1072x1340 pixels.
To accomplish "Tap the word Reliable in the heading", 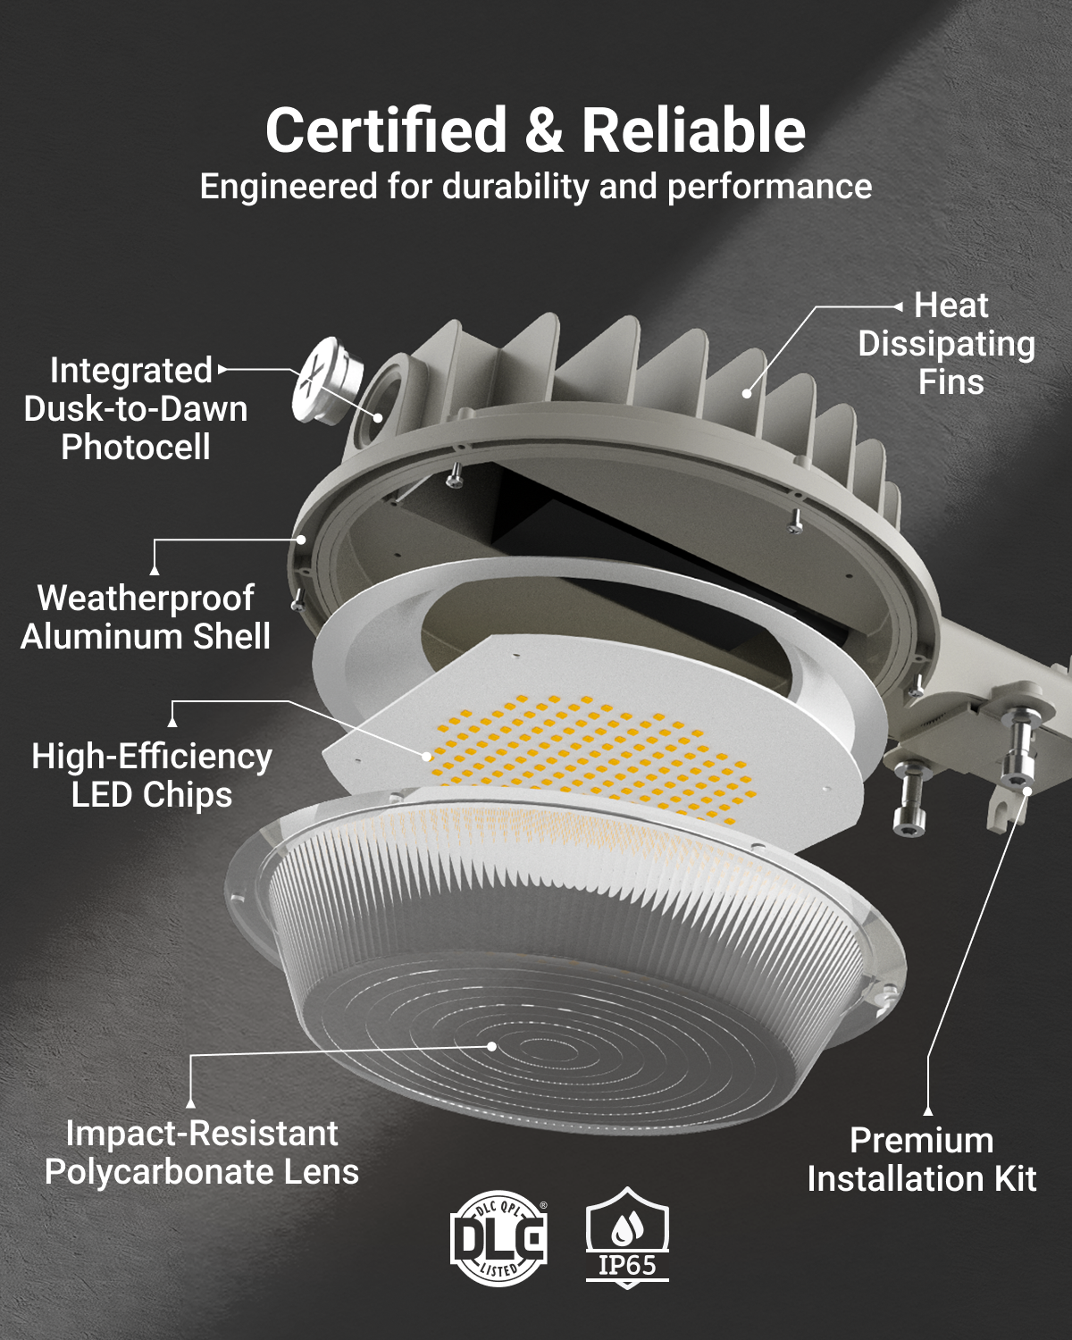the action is (693, 130).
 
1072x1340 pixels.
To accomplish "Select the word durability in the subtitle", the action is (515, 187).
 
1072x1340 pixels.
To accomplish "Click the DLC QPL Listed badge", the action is (498, 1238).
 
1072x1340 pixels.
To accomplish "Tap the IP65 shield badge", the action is (627, 1236).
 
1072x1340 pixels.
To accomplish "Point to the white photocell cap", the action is (327, 380).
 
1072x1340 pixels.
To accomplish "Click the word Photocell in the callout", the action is (136, 447).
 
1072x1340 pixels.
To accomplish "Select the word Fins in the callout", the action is (951, 381).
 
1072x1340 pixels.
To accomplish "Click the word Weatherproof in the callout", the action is (146, 599).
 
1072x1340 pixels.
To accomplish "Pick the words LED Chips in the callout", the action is (151, 795).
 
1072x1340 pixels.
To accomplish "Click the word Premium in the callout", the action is (921, 1141).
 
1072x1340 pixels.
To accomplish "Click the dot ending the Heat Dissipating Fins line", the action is (747, 393).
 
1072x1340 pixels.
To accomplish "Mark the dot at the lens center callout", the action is (491, 1046).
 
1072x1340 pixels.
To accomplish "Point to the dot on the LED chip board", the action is (427, 757).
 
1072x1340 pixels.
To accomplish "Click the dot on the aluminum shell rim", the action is (301, 540).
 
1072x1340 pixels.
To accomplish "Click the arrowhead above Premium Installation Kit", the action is (927, 1110).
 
